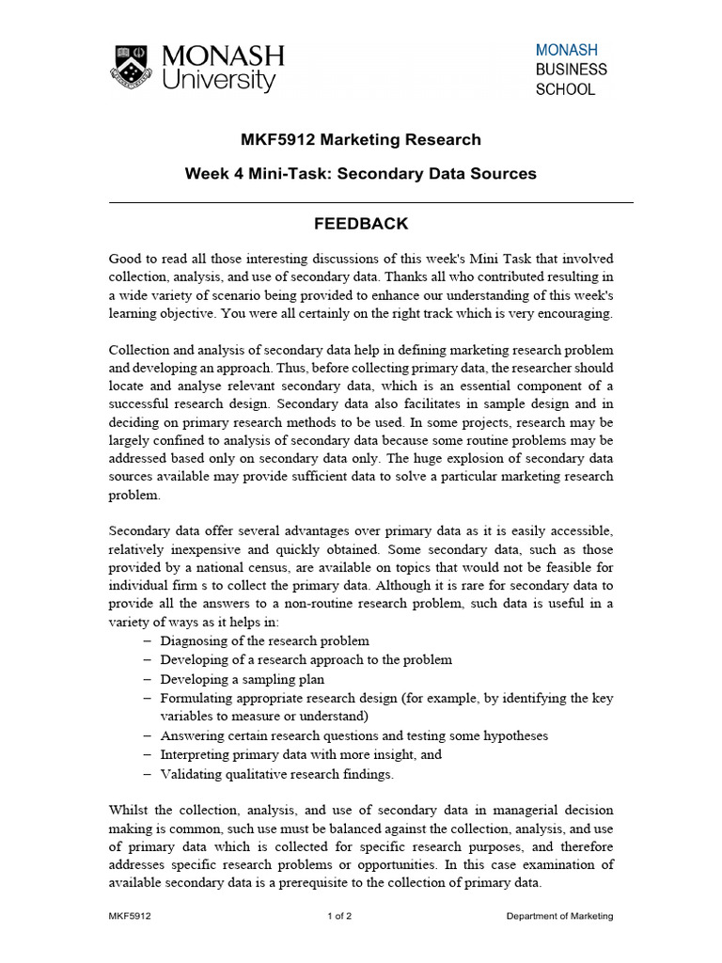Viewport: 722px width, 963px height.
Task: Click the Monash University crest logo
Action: tap(135, 68)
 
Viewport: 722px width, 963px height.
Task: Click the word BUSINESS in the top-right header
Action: tap(572, 70)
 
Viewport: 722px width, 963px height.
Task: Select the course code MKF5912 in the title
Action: tap(279, 140)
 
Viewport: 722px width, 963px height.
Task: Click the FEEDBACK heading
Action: tap(361, 224)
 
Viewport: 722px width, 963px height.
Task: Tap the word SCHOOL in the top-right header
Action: tap(565, 90)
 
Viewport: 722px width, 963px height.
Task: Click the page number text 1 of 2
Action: tap(339, 916)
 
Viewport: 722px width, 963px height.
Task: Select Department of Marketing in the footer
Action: tap(559, 916)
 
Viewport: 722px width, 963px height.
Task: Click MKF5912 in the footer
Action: tap(130, 916)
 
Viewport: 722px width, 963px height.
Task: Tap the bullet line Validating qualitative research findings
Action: tap(277, 775)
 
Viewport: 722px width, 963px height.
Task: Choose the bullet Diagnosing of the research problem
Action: tap(264, 640)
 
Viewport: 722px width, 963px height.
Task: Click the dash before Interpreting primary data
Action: tap(147, 755)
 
